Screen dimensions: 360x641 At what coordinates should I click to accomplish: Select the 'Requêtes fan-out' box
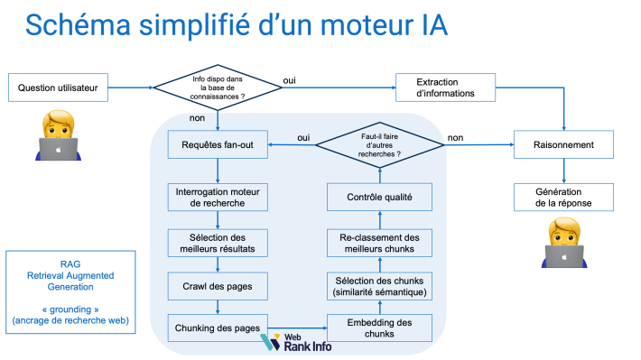(x=218, y=144)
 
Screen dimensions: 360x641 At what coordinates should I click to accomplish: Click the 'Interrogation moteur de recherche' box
(x=218, y=196)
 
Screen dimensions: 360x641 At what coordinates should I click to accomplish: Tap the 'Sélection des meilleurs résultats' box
(x=218, y=242)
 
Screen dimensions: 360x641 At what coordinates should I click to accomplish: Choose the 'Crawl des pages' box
(x=218, y=285)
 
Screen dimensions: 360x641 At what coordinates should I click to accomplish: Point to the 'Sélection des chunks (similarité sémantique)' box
(x=379, y=285)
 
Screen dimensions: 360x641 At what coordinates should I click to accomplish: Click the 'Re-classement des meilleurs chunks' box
(x=379, y=242)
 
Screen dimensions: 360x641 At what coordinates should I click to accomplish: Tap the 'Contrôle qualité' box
(x=379, y=196)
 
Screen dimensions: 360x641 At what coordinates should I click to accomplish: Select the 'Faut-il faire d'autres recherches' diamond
(x=378, y=144)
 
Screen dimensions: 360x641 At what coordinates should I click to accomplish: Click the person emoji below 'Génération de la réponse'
(x=564, y=244)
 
